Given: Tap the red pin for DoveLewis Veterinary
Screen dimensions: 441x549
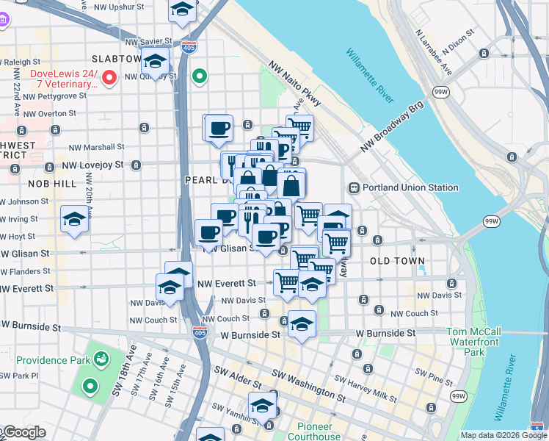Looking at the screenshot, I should click(110, 76).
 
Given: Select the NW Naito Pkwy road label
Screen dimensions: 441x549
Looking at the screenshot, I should click(296, 80).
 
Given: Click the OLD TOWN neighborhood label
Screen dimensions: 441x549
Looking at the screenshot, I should click(397, 261).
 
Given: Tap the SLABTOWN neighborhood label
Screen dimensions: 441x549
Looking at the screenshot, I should click(115, 58).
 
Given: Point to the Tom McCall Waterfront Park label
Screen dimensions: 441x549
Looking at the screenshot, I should click(473, 342).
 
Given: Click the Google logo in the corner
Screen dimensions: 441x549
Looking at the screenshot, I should click(23, 432).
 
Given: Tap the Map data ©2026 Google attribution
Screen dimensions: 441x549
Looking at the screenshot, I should click(503, 435).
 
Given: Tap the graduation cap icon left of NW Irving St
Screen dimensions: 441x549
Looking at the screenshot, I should click(74, 220).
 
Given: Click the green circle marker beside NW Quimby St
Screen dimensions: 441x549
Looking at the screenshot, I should click(199, 76).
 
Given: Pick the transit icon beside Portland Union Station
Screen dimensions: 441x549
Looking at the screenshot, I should click(354, 187).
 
